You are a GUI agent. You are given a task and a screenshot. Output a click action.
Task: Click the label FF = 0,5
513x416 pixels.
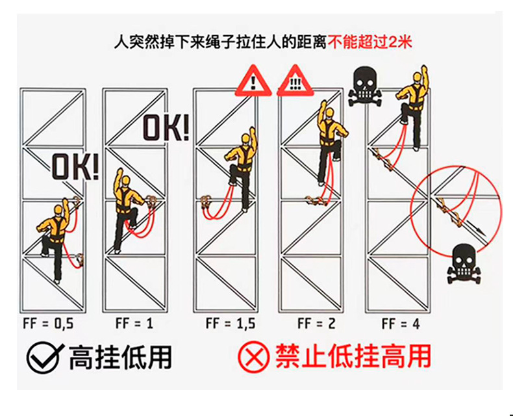point(48,324)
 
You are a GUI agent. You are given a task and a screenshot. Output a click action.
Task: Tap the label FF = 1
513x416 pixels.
point(134,323)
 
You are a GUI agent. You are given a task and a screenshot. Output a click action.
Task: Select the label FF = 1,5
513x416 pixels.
point(231,323)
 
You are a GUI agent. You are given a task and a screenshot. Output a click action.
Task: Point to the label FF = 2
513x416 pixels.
point(316,323)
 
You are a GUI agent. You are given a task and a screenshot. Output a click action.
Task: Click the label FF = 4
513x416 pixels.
point(401,324)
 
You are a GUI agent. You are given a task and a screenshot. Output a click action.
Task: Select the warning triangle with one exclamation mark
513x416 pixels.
point(253,80)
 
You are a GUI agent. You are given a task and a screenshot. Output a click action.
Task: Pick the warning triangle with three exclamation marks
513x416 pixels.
point(295,80)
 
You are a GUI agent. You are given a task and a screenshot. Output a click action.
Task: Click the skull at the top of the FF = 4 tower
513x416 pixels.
point(365,88)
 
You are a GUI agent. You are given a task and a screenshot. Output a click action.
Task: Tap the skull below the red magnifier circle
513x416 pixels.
point(464,264)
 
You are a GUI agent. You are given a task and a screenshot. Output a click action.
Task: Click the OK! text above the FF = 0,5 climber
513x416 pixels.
point(75,168)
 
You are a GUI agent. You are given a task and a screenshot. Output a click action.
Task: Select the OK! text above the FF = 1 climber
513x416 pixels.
point(166,128)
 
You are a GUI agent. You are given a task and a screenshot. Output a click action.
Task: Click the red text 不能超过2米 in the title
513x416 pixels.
point(369,43)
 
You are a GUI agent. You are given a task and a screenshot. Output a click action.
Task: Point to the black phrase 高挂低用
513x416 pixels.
point(120,357)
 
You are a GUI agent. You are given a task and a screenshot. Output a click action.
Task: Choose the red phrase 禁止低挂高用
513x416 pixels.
point(353,357)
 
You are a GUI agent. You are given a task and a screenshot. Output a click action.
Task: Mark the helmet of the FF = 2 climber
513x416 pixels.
point(331,112)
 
